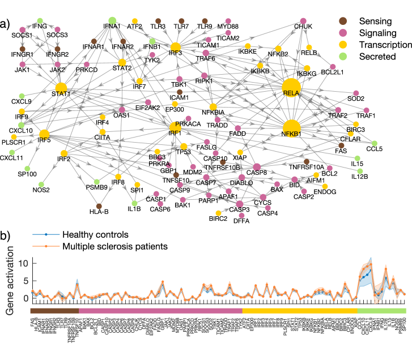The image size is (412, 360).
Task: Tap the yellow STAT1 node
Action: pos(61,88)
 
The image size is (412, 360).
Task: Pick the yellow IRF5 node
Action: pos(44,134)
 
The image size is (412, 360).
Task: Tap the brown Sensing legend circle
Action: pos(335,21)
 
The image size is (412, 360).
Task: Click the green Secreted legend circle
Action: pos(335,55)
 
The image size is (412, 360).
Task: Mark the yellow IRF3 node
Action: pos(176,47)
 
